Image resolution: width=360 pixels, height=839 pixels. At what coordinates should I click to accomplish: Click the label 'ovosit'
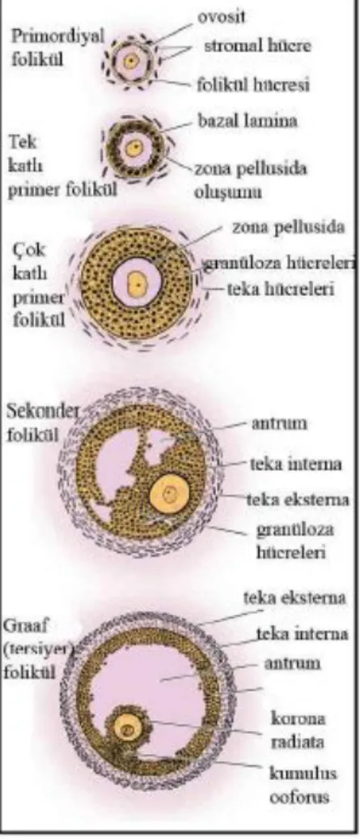click(222, 17)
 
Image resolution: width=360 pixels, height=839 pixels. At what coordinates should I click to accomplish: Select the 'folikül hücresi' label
click(253, 84)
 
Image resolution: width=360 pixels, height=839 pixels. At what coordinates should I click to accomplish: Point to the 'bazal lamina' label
click(248, 121)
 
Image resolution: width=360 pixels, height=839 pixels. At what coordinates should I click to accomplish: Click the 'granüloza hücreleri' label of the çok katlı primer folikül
click(278, 263)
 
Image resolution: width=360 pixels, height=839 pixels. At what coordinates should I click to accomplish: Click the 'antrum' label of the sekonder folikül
click(279, 423)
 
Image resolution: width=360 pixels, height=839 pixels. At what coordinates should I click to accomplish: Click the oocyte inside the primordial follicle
click(130, 61)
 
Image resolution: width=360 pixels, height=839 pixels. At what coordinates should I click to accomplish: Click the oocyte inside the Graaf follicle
click(128, 728)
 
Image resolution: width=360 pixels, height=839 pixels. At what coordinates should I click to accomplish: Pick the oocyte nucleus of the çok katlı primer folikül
click(137, 281)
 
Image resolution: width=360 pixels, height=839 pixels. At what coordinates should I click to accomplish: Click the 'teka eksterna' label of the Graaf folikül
click(294, 598)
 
